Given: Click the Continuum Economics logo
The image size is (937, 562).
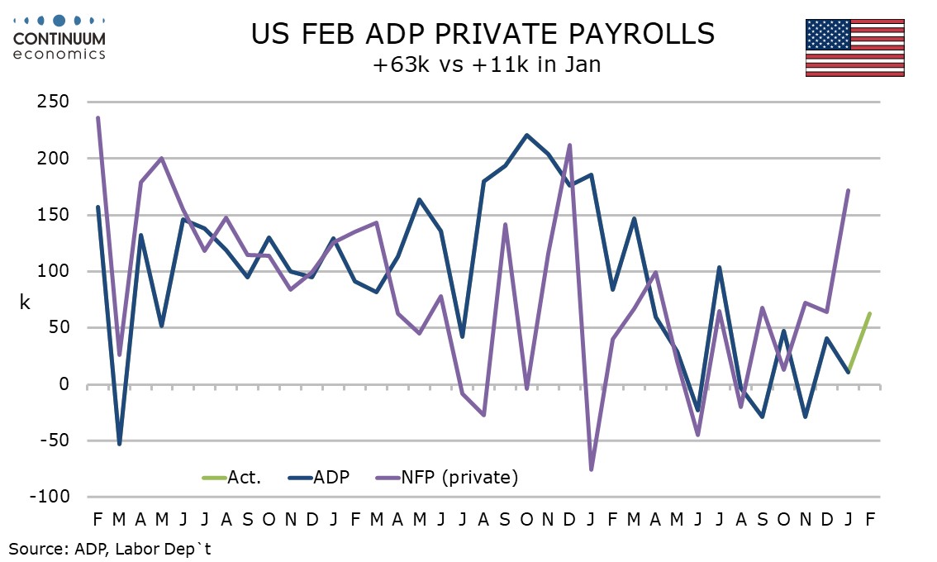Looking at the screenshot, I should tap(59, 36).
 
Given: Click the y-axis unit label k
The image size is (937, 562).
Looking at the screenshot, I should tap(25, 302).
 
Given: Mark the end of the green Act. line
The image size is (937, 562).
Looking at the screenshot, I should tap(870, 313).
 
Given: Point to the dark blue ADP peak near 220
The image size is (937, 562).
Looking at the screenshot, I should tap(527, 136).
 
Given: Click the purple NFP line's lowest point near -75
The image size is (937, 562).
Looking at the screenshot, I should tap(592, 469).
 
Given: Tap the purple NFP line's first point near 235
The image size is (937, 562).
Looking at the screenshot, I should tap(98, 118).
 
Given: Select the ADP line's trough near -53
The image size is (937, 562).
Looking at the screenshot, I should tap(120, 444).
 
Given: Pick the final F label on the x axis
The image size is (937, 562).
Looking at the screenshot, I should tap(870, 519).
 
